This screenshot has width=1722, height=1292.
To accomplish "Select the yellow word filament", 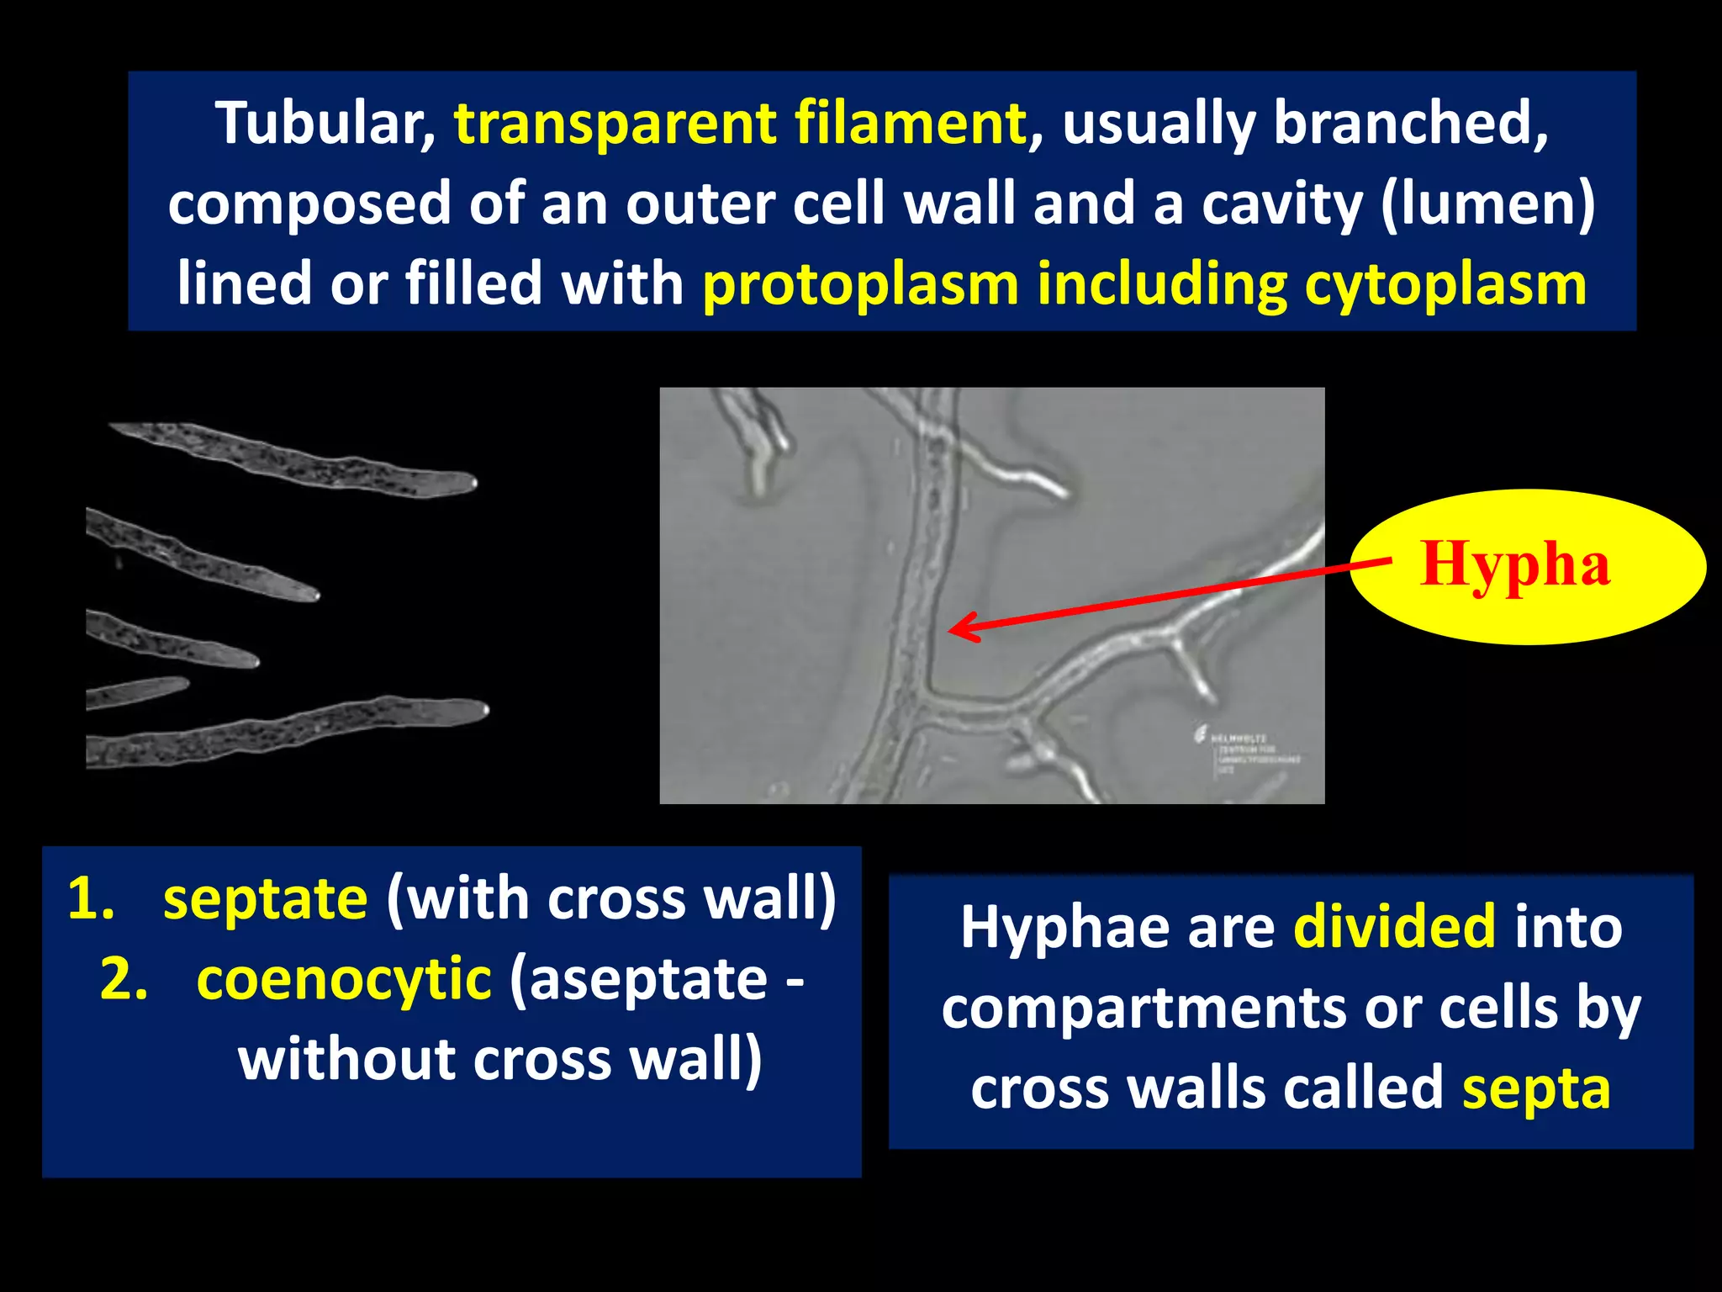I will (x=910, y=124).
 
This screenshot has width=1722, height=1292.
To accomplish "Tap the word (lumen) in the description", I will (x=1488, y=204).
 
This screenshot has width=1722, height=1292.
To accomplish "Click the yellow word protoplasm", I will (x=860, y=284).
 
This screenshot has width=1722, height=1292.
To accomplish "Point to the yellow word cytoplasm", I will (x=1445, y=284).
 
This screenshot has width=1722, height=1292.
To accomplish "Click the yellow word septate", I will (x=265, y=898).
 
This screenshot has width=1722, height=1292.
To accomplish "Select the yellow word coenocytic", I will (x=344, y=979).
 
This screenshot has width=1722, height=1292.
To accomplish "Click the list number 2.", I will (x=124, y=979).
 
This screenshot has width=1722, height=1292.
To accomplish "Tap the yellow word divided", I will (x=1394, y=927).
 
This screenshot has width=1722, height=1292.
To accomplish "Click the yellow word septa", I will (x=1535, y=1088).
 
